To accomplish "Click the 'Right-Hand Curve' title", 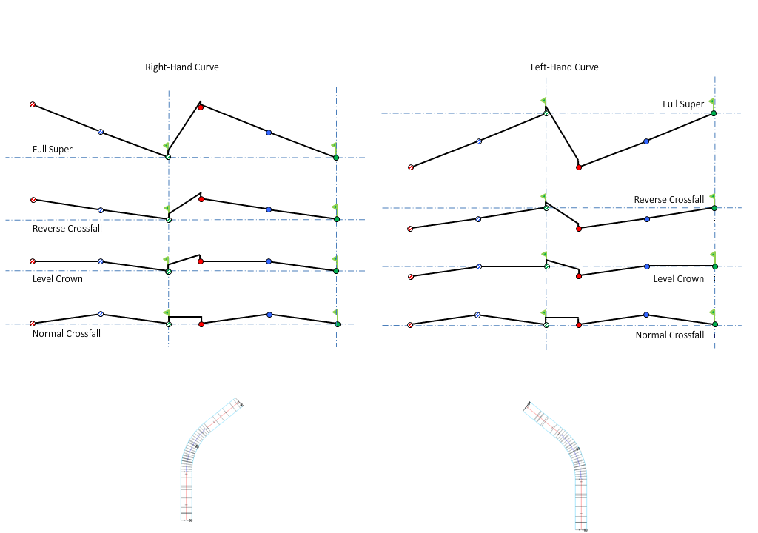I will [181, 67].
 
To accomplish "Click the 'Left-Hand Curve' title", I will [564, 67].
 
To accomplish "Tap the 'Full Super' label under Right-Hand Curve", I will [52, 150].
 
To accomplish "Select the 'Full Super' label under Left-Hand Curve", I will [682, 104].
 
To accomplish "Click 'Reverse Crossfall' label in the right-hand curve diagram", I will [67, 229].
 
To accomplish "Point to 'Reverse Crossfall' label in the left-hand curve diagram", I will [668, 200].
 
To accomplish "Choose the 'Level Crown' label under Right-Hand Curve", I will [58, 279].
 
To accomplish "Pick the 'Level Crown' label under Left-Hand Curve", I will [678, 279].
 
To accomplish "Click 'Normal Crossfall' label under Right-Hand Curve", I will [67, 334].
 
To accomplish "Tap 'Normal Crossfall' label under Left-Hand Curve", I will [669, 335].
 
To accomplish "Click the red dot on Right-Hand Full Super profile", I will [201, 107].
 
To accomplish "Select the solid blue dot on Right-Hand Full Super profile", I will [269, 133].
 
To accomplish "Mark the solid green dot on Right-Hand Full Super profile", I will [336, 158].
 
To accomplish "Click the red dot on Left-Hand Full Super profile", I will [579, 167].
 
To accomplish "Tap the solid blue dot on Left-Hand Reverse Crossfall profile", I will [647, 219].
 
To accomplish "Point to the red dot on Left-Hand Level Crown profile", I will [579, 276].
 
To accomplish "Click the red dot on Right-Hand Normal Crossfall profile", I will [201, 324].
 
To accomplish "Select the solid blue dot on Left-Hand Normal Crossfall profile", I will [646, 315].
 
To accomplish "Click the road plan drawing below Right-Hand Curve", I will [200, 459].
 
